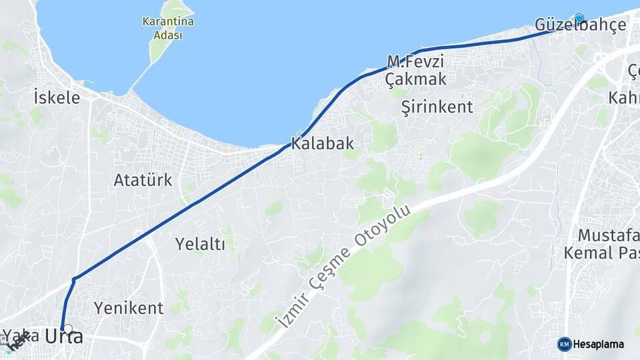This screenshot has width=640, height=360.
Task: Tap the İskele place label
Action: [57, 98]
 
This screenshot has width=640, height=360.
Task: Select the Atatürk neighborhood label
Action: [143, 180]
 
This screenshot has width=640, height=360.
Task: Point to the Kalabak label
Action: [322, 143]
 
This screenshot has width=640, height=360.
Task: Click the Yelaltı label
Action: [200, 244]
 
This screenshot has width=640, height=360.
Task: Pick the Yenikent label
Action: [129, 308]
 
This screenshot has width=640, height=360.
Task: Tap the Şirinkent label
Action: [437, 107]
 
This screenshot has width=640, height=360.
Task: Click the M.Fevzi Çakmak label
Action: [415, 71]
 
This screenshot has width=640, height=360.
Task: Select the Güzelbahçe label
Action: [580, 25]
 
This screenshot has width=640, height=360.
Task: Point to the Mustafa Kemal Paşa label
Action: [603, 244]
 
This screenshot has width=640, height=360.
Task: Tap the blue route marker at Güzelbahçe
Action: [579, 18]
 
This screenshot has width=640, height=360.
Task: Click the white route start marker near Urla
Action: [68, 328]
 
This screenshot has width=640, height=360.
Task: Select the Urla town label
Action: [64, 337]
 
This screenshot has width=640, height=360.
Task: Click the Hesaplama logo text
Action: [599, 344]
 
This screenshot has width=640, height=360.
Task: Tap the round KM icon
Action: [565, 344]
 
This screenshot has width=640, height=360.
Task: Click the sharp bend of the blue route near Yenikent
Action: [75, 278]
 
